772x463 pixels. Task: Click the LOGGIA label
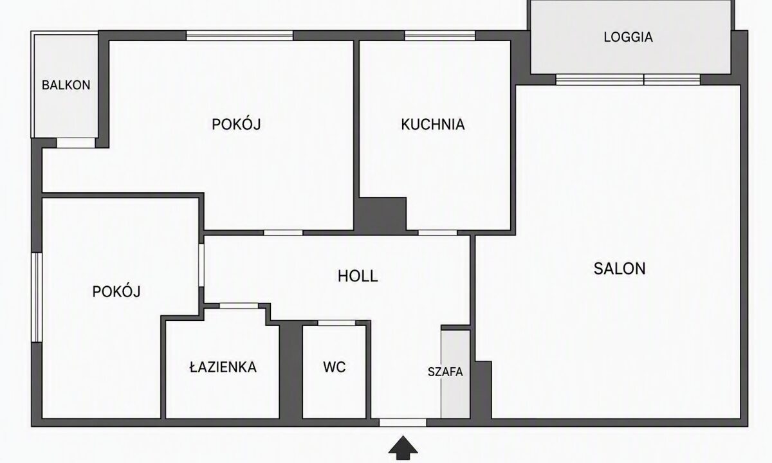tap(628, 37)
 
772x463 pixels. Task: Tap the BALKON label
tap(66, 85)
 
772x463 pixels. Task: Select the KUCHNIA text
tap(433, 124)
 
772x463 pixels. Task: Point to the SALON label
tap(620, 269)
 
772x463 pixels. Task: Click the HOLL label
tap(358, 277)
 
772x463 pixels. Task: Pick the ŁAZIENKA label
tap(223, 367)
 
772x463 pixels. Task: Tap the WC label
tap(335, 367)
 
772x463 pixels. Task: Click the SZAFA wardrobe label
tap(445, 372)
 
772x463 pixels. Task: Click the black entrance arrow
tap(403, 448)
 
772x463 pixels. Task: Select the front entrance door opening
tap(403, 422)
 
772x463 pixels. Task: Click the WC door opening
tap(336, 323)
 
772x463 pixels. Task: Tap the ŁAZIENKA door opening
tap(239, 306)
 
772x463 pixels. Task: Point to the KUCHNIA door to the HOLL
tap(437, 233)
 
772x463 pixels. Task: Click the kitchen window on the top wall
tap(440, 35)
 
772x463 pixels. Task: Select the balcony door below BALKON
tap(76, 143)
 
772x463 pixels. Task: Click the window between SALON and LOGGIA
tap(628, 80)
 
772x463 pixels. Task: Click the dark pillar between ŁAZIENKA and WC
tap(291, 370)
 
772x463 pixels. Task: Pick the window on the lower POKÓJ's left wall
tap(37, 297)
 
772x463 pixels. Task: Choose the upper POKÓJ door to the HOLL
tap(283, 233)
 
